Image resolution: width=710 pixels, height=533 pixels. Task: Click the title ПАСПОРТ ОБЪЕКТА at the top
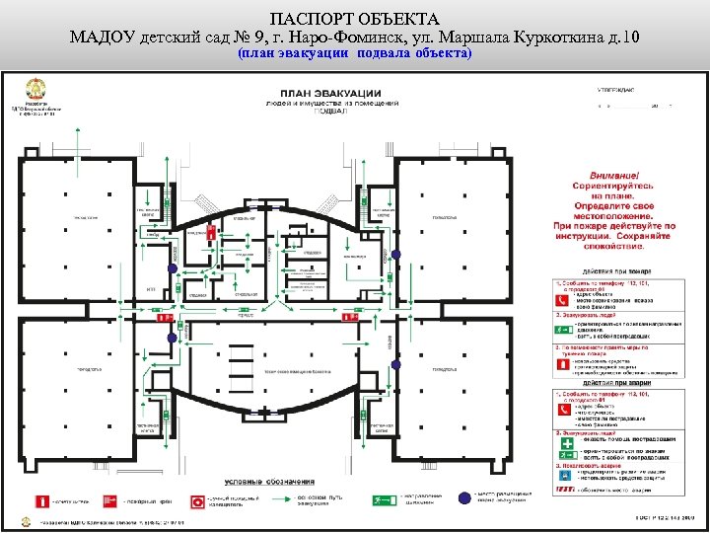point(354,19)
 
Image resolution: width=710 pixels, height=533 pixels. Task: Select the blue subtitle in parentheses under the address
point(355,53)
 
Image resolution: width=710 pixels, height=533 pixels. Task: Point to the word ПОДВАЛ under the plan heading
point(335,112)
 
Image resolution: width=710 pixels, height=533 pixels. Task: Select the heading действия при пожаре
point(614,270)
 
